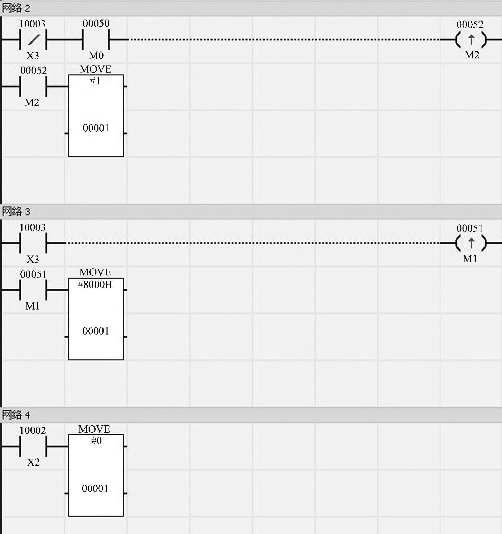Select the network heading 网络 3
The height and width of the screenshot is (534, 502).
16,211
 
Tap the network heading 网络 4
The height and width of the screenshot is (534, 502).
16,414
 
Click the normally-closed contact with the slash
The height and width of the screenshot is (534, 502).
33,40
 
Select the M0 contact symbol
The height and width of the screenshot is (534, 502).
96,40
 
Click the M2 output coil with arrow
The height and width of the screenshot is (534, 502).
471,40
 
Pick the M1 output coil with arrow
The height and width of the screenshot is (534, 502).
471,243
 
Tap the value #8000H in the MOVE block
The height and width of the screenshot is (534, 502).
95,284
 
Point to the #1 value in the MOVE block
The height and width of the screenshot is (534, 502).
95,81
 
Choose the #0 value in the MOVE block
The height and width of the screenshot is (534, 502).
96,441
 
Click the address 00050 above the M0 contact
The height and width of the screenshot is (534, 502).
96,24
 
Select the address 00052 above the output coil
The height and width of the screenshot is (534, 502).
470,25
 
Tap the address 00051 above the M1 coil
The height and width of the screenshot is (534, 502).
469,228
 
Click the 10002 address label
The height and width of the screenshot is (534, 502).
33,430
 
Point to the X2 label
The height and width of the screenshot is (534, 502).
34,462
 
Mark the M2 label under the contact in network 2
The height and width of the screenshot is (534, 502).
32,102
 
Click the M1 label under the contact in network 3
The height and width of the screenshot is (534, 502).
33,306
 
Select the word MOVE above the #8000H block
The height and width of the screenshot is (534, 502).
95,272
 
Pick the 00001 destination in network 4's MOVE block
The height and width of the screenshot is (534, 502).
95,488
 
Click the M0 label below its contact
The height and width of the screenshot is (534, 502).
96,55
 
